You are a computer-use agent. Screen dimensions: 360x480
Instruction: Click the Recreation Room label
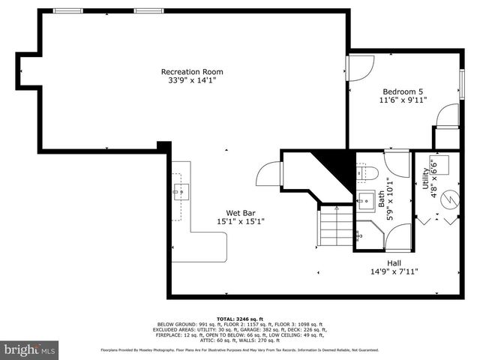pos(192,72)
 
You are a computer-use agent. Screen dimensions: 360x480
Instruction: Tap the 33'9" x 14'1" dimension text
pos(192,81)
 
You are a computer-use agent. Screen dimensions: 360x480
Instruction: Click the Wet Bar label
pos(240,212)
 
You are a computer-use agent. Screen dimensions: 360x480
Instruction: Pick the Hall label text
pos(394,262)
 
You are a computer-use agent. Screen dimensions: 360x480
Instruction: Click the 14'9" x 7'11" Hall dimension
pos(394,271)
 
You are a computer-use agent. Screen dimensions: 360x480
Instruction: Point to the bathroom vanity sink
pos(365,200)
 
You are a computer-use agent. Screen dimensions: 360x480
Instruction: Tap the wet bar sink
pos(181,192)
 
